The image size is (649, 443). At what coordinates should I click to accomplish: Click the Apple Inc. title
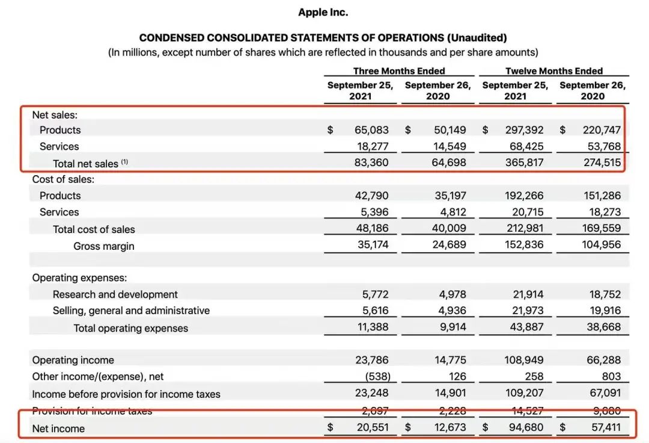click(x=323, y=12)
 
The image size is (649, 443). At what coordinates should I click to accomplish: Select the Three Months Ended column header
click(x=399, y=71)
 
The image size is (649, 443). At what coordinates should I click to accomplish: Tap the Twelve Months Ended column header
click(x=553, y=71)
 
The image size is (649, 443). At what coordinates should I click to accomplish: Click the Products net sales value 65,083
click(x=371, y=130)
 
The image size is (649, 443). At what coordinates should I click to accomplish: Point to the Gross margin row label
click(x=104, y=246)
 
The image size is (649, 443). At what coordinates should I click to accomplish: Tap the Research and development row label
click(x=115, y=294)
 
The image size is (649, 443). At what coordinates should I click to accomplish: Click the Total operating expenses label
click(x=130, y=328)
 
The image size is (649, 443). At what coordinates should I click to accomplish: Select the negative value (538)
click(x=377, y=376)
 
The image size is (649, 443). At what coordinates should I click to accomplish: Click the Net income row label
click(x=58, y=429)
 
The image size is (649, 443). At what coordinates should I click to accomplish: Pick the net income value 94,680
click(x=525, y=428)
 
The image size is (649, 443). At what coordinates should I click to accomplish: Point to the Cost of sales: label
click(x=63, y=179)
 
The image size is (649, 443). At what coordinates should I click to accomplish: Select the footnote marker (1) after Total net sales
click(x=124, y=161)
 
